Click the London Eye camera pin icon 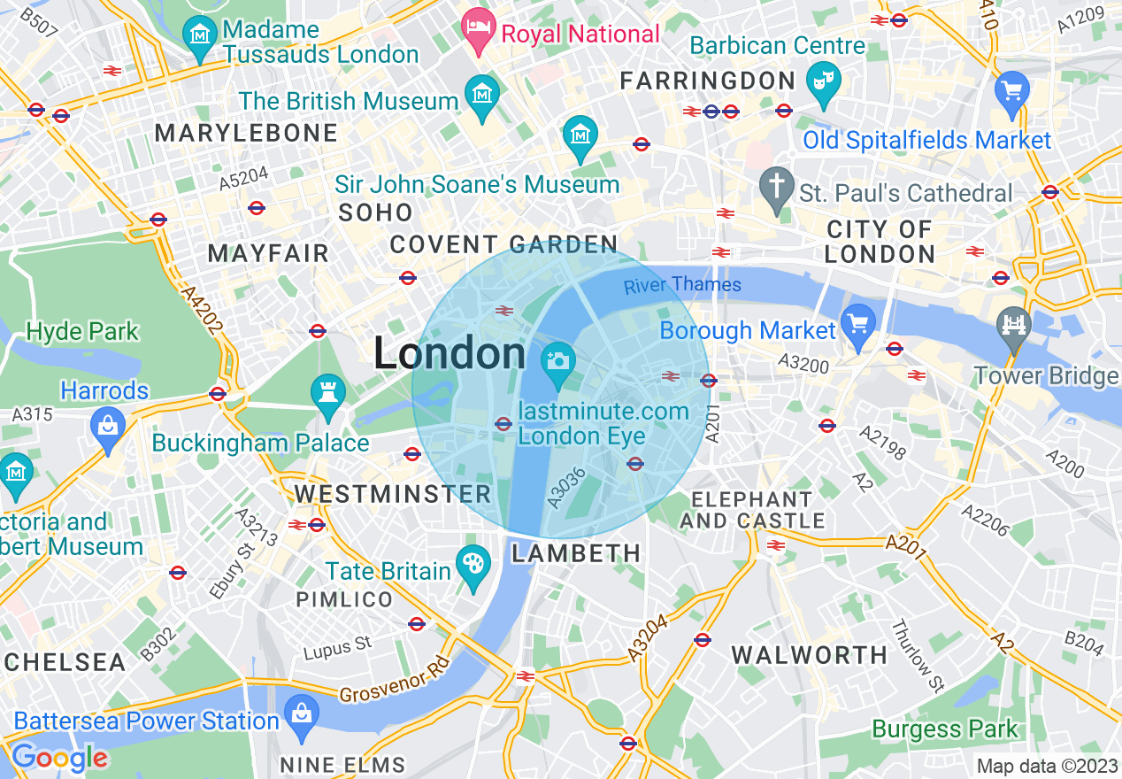coord(557,362)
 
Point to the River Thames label coord(682,285)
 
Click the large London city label coord(450,353)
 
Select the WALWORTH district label coord(809,655)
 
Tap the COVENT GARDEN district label coord(503,244)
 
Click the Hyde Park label coord(82,332)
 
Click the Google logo coord(58,758)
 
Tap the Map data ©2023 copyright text coord(1046,766)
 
